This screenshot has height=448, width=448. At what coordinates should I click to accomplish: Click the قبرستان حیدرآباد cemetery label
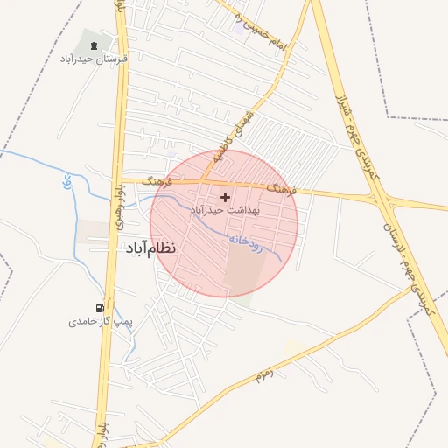(x=98, y=59)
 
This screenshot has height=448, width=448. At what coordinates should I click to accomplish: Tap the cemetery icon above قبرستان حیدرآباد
(x=94, y=45)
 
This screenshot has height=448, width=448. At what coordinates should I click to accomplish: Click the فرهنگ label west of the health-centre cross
(x=159, y=180)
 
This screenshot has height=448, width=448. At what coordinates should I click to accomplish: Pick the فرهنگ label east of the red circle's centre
(x=283, y=188)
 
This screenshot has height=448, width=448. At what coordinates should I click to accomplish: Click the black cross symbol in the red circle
(x=226, y=198)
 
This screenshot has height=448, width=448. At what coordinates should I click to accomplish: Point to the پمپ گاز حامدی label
(x=101, y=322)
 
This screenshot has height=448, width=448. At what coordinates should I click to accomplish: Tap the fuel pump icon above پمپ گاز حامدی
(x=101, y=308)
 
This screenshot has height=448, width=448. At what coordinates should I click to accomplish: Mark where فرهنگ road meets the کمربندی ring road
(x=381, y=199)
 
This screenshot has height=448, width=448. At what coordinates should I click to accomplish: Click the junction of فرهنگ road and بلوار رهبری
(x=117, y=179)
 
